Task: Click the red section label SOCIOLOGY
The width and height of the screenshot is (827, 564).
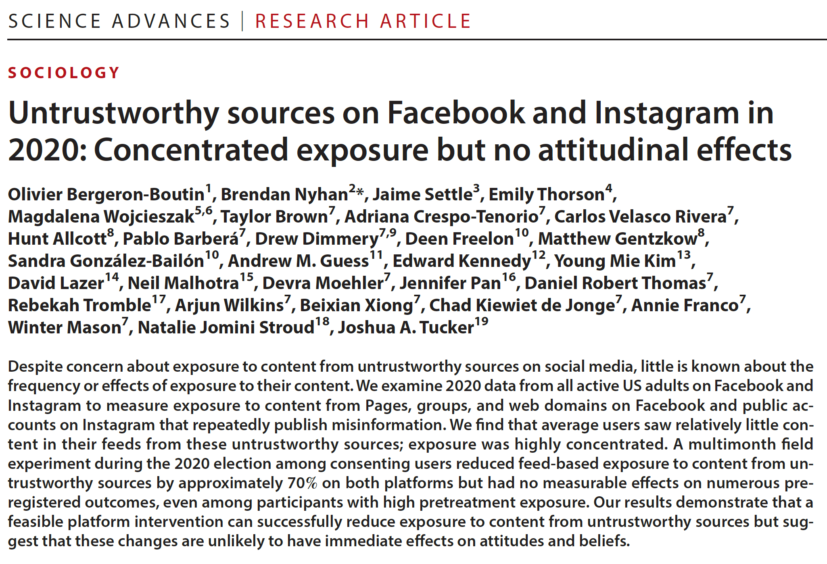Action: coord(64,73)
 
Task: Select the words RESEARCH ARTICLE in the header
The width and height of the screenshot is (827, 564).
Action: coord(363,21)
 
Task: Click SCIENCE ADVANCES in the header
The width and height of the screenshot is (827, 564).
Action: coord(119,21)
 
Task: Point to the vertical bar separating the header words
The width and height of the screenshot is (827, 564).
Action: coord(242,21)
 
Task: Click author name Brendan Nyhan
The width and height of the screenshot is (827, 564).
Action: coord(284,194)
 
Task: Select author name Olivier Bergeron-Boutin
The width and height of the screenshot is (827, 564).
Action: coord(107,194)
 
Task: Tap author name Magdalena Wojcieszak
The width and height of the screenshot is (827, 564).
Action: coord(101,216)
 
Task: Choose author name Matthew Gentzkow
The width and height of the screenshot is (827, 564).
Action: coord(618,239)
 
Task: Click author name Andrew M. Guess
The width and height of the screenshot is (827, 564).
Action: coord(299,261)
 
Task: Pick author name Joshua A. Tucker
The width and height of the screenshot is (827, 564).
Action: coord(406,327)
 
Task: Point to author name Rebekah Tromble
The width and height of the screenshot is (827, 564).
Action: coord(79,305)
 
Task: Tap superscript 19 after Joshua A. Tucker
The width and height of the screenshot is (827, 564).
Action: coord(481,322)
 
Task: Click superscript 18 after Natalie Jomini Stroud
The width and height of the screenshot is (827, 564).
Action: coord(322,322)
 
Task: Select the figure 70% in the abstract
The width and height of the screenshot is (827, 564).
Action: coord(302,483)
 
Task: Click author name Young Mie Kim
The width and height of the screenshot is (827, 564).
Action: coord(615,261)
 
